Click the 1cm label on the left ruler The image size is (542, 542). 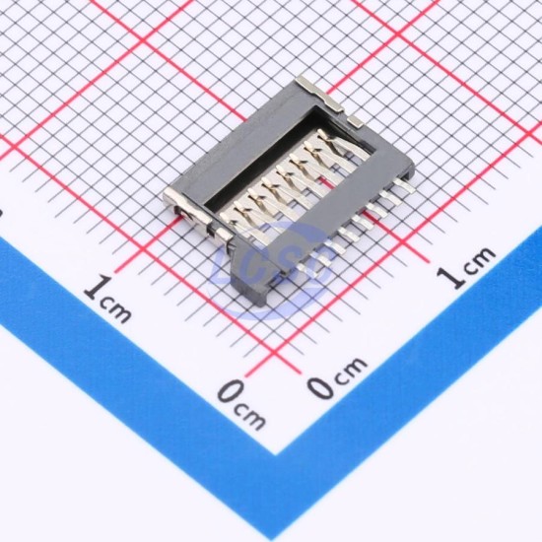tap(107, 300)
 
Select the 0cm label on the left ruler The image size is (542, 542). tap(242, 404)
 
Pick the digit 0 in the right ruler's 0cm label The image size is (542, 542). tap(321, 386)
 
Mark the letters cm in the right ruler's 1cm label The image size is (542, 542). tap(479, 258)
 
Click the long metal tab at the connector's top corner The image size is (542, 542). tap(320, 94)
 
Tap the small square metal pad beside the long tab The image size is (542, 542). tap(355, 120)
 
